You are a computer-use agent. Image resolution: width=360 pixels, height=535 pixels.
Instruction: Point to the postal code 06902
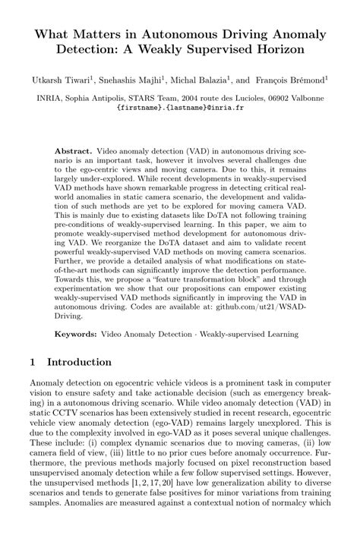[x=280, y=98]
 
